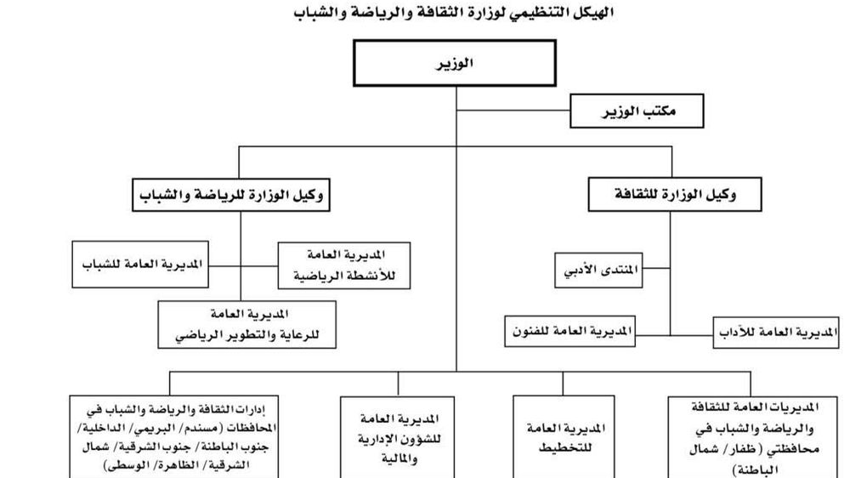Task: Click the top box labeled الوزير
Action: click(x=454, y=63)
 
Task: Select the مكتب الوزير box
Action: click(x=637, y=111)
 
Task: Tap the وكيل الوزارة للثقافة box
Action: click(x=675, y=194)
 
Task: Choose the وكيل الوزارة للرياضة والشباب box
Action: click(x=231, y=195)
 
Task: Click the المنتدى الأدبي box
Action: click(x=598, y=270)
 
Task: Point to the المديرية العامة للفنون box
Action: click(x=569, y=331)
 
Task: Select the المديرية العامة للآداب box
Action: click(x=776, y=332)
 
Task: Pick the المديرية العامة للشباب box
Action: click(x=140, y=265)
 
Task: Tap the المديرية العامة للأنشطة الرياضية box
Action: click(x=344, y=265)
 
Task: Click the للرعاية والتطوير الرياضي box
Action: click(x=247, y=324)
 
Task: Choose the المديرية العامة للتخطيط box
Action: click(x=564, y=437)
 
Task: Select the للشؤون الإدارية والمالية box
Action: click(x=397, y=437)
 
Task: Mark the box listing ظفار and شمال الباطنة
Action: click(x=753, y=437)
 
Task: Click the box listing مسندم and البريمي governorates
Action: click(x=174, y=437)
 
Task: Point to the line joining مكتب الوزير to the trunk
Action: click(x=513, y=111)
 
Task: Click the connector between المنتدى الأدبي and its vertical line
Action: click(x=656, y=268)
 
